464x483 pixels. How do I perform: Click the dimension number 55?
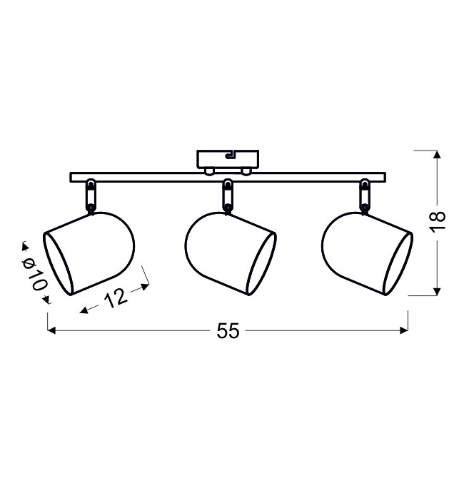click(x=228, y=330)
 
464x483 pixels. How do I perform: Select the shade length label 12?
click(x=116, y=298)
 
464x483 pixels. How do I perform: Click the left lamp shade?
click(x=89, y=253)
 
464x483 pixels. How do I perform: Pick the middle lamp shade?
click(x=231, y=253)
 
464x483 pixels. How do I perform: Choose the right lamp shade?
click(x=367, y=253)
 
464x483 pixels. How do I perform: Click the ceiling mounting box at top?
click(x=228, y=159)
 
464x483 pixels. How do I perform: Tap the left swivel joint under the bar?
click(x=91, y=196)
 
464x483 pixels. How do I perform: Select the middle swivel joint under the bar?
click(x=228, y=196)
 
